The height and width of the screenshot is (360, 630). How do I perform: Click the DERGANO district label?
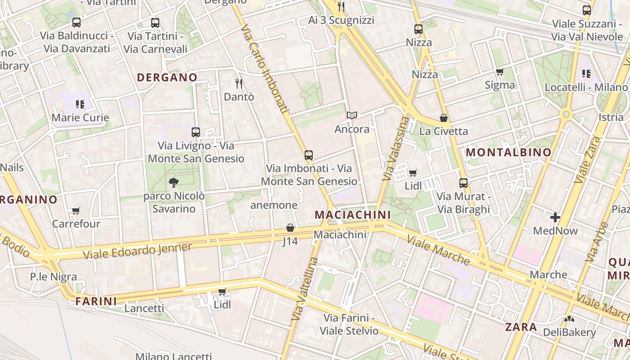tap(167, 77)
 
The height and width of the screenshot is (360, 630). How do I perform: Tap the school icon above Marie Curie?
tap(80, 104)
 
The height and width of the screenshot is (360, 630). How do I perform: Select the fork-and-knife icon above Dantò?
tap(239, 83)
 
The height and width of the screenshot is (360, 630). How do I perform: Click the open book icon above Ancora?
tap(352, 116)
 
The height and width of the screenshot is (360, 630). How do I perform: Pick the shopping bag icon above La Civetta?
tap(444, 118)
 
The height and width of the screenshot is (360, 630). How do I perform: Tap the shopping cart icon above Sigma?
tap(499, 72)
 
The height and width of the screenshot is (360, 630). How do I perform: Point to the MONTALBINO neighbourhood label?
tap(508, 152)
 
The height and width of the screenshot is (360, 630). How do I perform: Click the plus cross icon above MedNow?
tap(555, 218)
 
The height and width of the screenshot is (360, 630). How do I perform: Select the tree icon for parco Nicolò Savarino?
tap(173, 182)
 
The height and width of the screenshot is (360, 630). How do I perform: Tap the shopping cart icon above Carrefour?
tap(76, 211)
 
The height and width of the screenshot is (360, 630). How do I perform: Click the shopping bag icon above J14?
tap(290, 228)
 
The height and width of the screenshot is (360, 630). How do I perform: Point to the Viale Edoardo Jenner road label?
tap(137, 251)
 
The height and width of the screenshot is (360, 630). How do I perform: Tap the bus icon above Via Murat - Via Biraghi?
tap(463, 183)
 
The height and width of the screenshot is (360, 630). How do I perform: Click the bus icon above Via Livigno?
tap(196, 132)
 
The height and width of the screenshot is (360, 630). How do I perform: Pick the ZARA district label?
tap(521, 327)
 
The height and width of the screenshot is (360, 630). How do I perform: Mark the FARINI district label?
tap(96, 301)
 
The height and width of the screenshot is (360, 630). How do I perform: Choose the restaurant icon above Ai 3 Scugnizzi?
tap(341, 7)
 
